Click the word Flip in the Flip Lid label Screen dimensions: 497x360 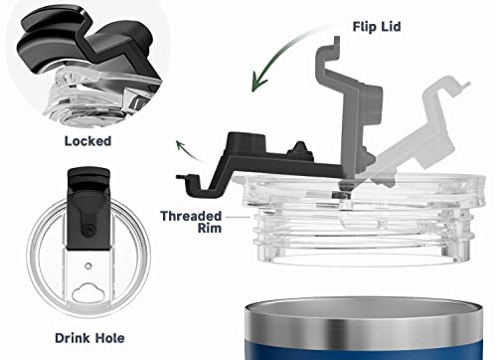tap(364, 27)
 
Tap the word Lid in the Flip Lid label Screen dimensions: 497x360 tap(391, 27)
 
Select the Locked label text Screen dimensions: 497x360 tap(87, 141)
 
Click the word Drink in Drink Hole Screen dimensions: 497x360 tap(73, 338)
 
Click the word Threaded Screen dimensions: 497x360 tap(191, 216)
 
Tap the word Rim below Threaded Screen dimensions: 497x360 tap(210, 228)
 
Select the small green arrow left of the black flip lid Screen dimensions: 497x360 tap(189, 151)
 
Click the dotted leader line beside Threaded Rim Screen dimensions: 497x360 tap(238, 217)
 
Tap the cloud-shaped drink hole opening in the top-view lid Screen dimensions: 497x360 tap(88, 292)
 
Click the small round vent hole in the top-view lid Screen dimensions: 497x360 tap(88, 266)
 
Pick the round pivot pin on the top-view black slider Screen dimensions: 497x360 tap(88, 231)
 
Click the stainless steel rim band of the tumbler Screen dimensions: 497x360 tap(364, 326)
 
